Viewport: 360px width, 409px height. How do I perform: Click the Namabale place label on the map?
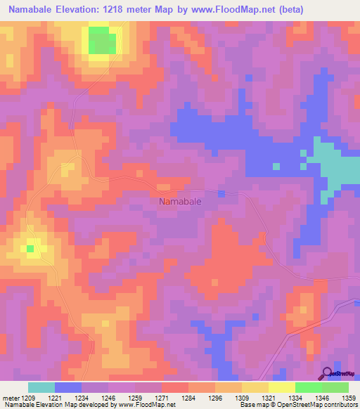tap(180, 201)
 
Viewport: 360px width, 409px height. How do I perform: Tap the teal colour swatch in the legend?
tap(41, 387)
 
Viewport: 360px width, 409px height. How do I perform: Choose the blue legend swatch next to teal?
tap(67, 387)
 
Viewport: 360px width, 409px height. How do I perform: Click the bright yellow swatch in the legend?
tap(281, 387)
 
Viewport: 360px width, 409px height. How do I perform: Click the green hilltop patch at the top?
tap(102, 41)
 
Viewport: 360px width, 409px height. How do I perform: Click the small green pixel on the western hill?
tap(30, 248)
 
